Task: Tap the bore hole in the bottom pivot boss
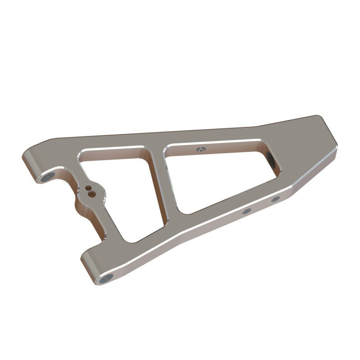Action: pyautogui.click(x=106, y=279)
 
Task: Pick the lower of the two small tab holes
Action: pyautogui.click(x=92, y=194)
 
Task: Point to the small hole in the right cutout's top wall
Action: pyautogui.click(x=201, y=148)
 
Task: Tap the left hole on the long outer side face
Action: pyautogui.click(x=246, y=211)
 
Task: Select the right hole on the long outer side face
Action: pyautogui.click(x=275, y=198)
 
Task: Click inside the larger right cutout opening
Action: pyautogui.click(x=216, y=175)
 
